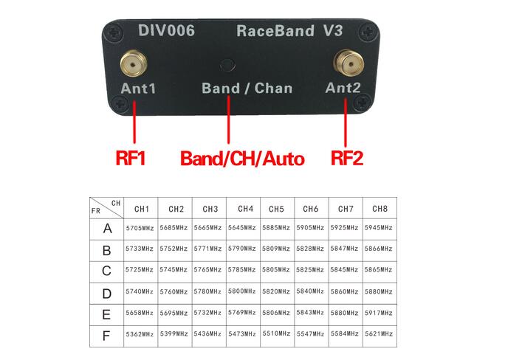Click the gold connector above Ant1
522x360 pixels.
pos(134,63)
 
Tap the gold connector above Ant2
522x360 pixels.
pos(349,63)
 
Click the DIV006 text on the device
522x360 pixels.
pos(166,30)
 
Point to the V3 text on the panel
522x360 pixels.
pos(333,30)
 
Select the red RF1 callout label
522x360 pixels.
pos(131,158)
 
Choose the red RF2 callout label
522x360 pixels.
pos(346,158)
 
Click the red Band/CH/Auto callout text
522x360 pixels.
pos(242,159)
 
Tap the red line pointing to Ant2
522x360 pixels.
pos(346,122)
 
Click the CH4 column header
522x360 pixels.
pos(245,209)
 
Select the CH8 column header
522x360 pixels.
pos(380,209)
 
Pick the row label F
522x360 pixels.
pos(106,336)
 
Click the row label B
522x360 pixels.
pos(106,251)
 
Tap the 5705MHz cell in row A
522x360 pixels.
pos(140,228)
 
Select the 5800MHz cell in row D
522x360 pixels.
pos(241,291)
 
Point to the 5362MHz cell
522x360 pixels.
pos(140,334)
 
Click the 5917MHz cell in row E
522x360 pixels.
pos(379,313)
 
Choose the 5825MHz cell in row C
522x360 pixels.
pos(310,270)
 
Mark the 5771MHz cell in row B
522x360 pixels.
pos(207,249)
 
